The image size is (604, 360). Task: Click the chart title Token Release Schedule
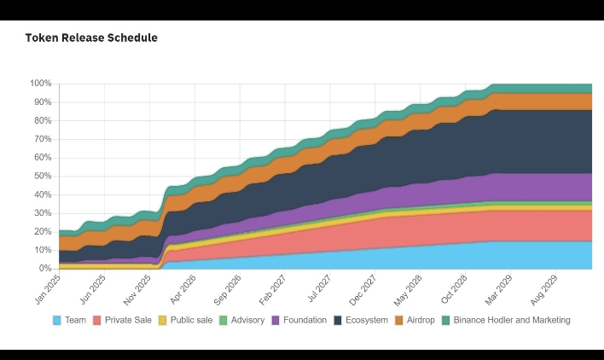(x=91, y=38)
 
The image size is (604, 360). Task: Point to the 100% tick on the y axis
(x=41, y=84)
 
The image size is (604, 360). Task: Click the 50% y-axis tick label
(x=43, y=176)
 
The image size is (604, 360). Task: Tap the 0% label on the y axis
(x=45, y=269)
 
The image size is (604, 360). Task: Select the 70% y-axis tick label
(x=43, y=139)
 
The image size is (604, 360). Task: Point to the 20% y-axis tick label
(x=43, y=231)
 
